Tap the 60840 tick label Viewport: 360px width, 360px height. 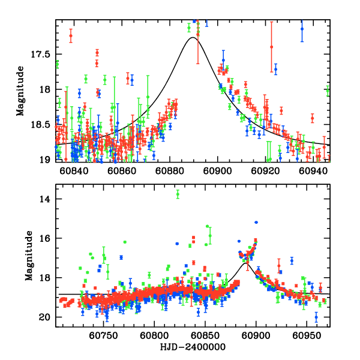coord(71,170)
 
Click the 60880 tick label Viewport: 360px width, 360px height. coord(169,170)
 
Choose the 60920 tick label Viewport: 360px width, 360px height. coord(266,170)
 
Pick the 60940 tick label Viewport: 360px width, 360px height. coord(314,170)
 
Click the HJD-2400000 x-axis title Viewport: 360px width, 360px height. coord(193,347)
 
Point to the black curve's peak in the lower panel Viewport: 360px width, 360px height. coord(245,262)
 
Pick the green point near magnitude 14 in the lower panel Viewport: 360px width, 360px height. coord(178,194)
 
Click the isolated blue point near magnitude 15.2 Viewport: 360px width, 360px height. coord(256,222)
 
